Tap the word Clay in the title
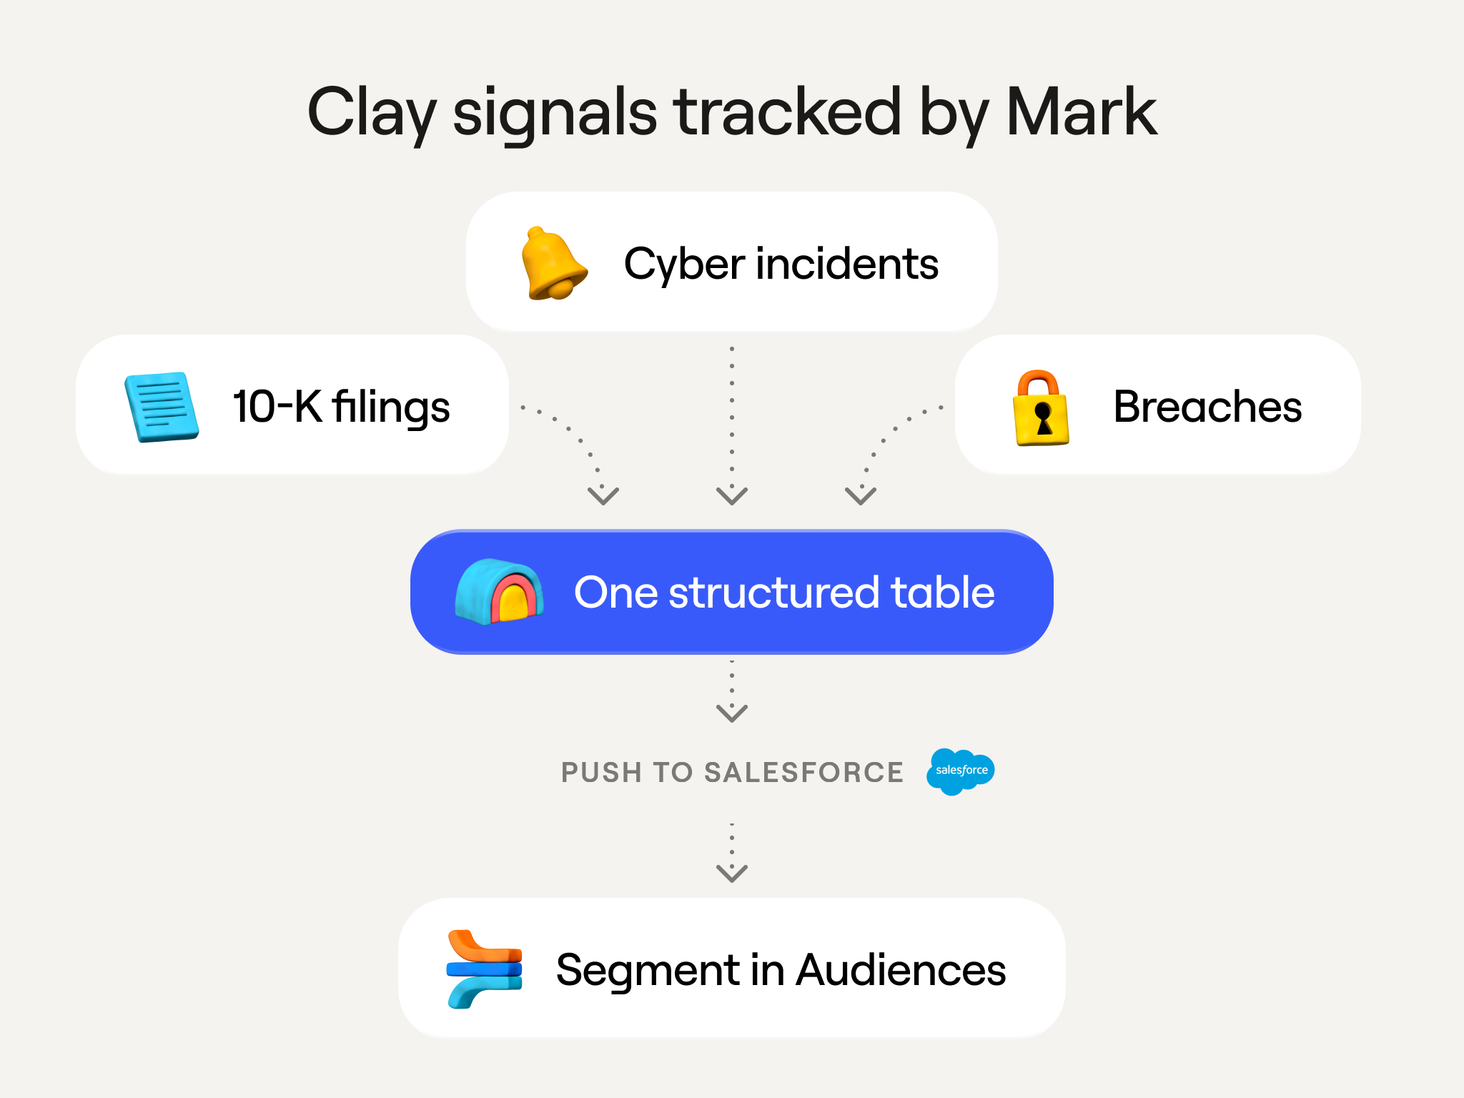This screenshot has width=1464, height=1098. [371, 114]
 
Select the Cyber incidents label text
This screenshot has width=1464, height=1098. [781, 264]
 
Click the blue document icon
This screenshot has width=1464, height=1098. [162, 407]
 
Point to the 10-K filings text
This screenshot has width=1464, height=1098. [341, 407]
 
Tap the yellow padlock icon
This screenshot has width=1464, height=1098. [1041, 408]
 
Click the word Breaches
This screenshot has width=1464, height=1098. [1207, 407]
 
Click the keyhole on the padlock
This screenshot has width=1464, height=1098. [1044, 419]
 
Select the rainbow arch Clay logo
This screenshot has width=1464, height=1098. [499, 592]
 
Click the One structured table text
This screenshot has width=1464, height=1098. [784, 593]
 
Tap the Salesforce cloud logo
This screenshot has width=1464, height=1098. [960, 771]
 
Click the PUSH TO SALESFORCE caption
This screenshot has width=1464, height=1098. [732, 773]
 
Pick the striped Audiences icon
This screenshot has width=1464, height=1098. [485, 969]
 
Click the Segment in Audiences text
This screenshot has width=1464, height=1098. [781, 971]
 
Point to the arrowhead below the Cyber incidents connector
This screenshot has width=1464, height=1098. [732, 496]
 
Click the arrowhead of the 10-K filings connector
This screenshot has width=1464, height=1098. [603, 496]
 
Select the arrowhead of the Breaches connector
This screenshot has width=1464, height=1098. [861, 496]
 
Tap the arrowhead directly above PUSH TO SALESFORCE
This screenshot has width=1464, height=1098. [732, 713]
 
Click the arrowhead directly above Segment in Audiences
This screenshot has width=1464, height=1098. [732, 874]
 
